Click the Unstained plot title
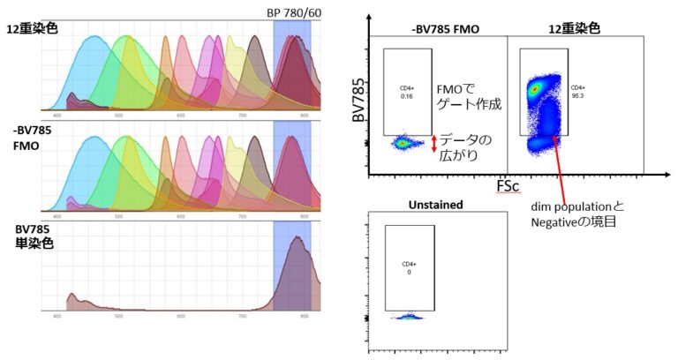click(433, 205)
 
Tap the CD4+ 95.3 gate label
click(578, 92)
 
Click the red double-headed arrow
click(433, 144)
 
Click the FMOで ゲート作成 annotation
click(469, 96)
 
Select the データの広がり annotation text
click(467, 147)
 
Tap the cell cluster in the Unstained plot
click(409, 315)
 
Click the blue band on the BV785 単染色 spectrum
click(291, 265)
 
